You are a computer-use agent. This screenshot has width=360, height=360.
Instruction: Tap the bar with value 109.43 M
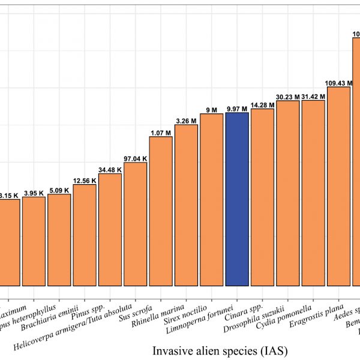(x=338, y=186)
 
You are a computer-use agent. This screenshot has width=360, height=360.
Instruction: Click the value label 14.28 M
(x=262, y=105)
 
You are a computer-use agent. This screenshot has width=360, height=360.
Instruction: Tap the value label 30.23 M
(x=287, y=97)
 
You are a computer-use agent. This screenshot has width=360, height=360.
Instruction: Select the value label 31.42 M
(x=313, y=97)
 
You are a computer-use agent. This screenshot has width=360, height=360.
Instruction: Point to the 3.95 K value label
(x=34, y=193)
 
